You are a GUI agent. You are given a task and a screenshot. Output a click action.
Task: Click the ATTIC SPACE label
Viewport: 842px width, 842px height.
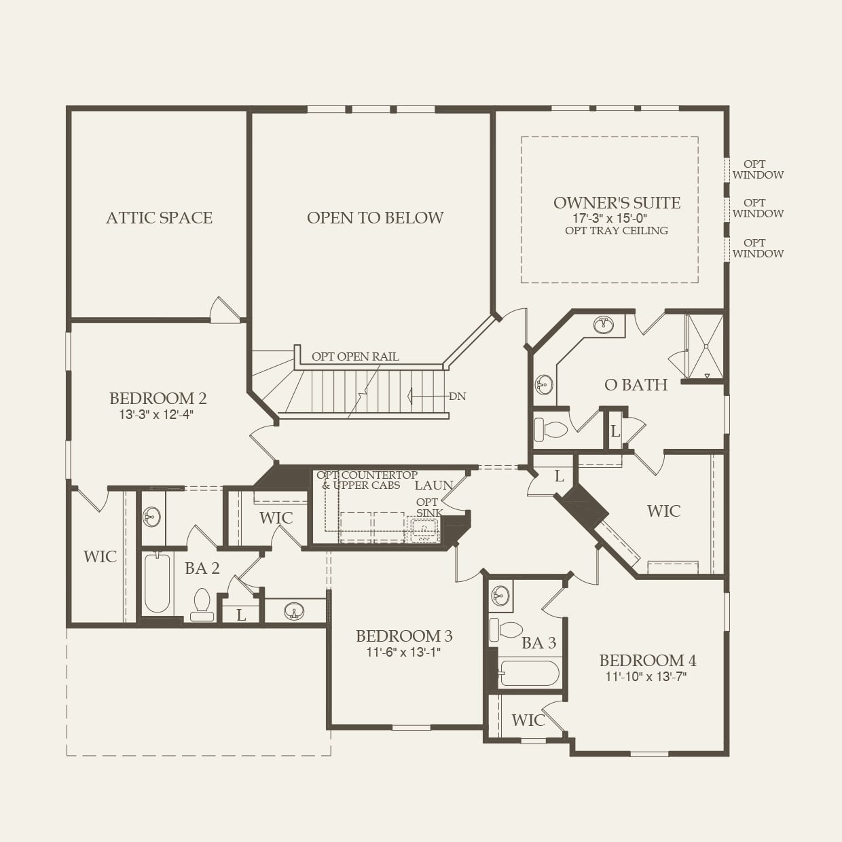[x=159, y=218]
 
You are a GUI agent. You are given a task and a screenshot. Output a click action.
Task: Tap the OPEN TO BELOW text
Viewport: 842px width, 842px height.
[x=375, y=218]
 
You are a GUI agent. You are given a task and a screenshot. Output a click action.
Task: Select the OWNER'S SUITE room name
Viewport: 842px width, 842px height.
[x=617, y=202]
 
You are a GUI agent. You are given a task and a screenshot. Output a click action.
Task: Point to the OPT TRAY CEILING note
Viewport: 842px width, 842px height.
[x=617, y=231]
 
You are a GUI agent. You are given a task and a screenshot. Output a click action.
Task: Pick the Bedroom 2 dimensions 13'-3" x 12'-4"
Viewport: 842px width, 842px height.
[x=157, y=415]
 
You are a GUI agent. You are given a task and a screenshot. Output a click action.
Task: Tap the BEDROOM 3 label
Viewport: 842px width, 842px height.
[x=404, y=636]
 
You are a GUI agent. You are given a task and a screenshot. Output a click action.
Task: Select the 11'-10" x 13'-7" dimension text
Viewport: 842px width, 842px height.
[x=646, y=676]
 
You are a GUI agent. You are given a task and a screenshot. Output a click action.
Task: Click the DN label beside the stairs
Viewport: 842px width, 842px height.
[x=457, y=397]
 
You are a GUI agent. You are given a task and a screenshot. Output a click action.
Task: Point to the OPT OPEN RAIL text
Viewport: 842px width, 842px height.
[x=355, y=356]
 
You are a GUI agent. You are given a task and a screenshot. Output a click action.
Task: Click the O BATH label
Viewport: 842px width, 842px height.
[x=636, y=385]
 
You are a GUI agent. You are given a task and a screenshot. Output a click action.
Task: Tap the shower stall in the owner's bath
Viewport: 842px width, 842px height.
[x=705, y=346]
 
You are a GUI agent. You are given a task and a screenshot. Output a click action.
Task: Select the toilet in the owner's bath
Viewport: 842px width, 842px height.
[x=551, y=430]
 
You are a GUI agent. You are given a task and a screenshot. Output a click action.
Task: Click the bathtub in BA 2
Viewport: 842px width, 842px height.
[x=157, y=583]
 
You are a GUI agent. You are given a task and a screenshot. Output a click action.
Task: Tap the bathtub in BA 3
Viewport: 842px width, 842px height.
[x=529, y=674]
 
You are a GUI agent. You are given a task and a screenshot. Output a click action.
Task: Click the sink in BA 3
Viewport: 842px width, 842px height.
[x=500, y=596]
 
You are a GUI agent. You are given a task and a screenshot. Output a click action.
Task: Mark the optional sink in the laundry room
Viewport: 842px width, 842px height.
[x=424, y=529]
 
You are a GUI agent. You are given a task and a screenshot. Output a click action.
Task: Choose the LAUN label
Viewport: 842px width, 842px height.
[x=433, y=485]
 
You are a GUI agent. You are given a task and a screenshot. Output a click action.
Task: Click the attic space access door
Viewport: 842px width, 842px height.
[x=225, y=310]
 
